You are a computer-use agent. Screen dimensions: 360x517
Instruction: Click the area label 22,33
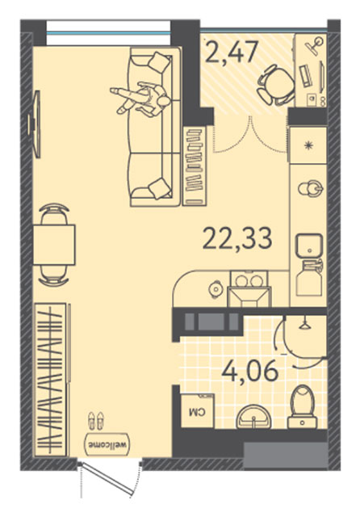click(x=237, y=239)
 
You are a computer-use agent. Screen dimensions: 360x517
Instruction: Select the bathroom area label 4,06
click(x=250, y=372)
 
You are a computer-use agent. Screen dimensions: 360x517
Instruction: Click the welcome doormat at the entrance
click(x=107, y=444)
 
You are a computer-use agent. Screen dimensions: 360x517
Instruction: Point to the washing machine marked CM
click(x=198, y=411)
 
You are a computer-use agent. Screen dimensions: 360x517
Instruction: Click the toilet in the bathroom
click(x=302, y=407)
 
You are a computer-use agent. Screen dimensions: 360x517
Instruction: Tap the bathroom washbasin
click(x=253, y=417)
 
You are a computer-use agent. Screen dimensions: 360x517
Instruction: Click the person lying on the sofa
click(x=141, y=99)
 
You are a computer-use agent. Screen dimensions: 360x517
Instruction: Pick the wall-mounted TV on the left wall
click(x=35, y=124)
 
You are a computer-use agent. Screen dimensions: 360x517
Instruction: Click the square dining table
click(x=54, y=244)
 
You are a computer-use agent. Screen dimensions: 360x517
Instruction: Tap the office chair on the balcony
click(x=275, y=85)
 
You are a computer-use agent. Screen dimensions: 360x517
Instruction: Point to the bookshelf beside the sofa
click(x=194, y=165)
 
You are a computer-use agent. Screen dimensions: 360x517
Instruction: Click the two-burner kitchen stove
click(x=249, y=280)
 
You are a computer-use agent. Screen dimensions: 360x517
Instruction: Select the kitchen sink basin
click(x=309, y=246)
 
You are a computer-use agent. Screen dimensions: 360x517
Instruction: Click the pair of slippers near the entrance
click(x=96, y=420)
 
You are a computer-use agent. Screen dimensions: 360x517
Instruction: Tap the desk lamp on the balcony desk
click(x=315, y=45)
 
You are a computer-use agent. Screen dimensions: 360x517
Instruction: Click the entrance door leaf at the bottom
click(x=108, y=479)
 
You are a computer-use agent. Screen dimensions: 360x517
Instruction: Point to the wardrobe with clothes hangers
click(x=51, y=380)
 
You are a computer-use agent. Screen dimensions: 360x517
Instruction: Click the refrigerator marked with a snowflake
click(x=308, y=145)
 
